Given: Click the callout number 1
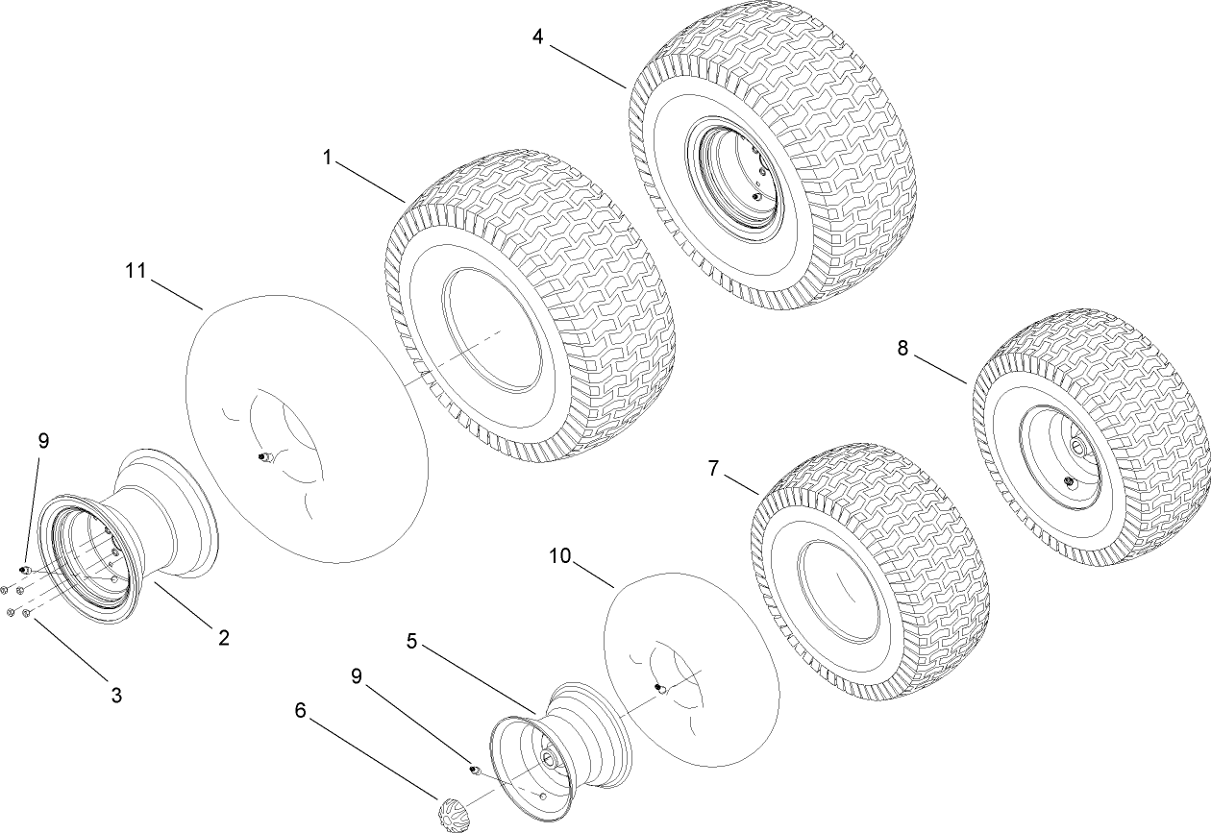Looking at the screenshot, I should coord(327,158).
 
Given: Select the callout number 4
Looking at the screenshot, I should coord(537,37).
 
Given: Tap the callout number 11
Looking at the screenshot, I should coord(136,271).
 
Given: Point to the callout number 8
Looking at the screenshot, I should coord(902,348).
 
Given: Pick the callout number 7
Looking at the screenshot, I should coord(713,468).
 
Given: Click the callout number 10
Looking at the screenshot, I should coord(560,555).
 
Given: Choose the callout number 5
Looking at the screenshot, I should coord(412,642).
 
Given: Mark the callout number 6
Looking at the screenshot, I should coord(300,710).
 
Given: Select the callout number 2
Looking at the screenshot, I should coord(223,636).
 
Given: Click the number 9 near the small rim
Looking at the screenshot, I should coord(358,676).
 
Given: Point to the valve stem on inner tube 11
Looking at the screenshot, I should coord(261,459).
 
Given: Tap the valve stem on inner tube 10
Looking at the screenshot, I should coord(659,688).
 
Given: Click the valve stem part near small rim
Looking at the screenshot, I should coord(474,770).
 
